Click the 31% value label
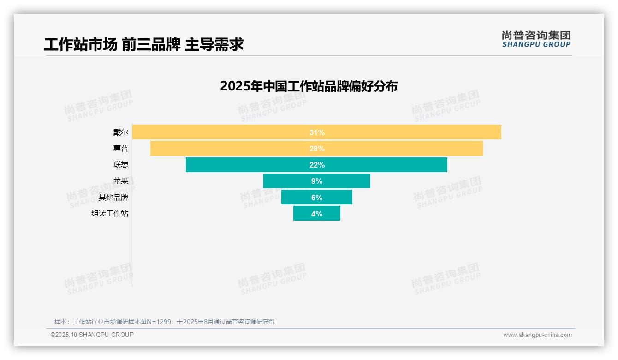pyautogui.click(x=317, y=132)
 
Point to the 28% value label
pyautogui.click(x=317, y=149)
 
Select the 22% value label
pyautogui.click(x=317, y=165)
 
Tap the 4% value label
pyautogui.click(x=317, y=214)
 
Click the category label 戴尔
pyautogui.click(x=121, y=132)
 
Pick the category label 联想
pyautogui.click(x=121, y=165)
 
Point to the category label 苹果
pyautogui.click(x=121, y=181)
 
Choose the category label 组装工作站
pyautogui.click(x=110, y=214)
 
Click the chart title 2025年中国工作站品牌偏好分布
pyautogui.click(x=309, y=86)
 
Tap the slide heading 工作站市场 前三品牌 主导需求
pyautogui.click(x=143, y=44)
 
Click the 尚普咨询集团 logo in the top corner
pyautogui.click(x=536, y=39)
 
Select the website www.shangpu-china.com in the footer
pyautogui.click(x=537, y=335)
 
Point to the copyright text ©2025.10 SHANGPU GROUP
pyautogui.click(x=92, y=335)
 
